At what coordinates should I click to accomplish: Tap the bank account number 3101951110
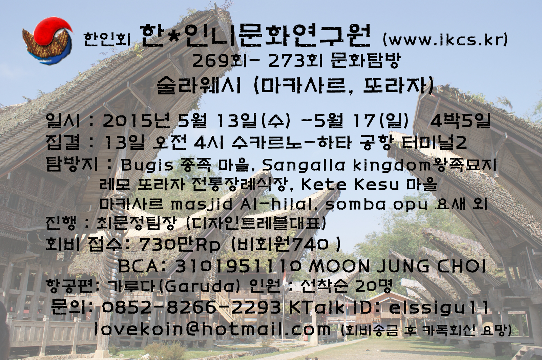coord(238,267)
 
